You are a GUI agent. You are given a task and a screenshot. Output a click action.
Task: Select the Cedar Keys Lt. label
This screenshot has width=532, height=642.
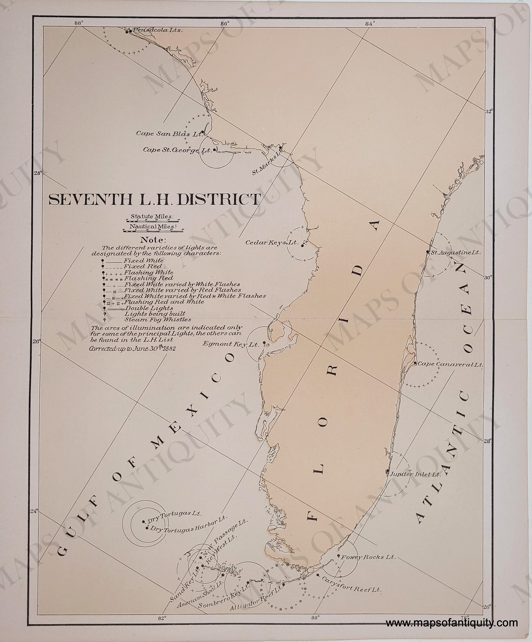tap(272, 242)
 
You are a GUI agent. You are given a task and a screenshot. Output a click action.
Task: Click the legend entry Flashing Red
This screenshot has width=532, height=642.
tap(148, 278)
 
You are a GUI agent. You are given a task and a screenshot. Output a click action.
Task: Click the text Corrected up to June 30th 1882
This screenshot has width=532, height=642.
tap(132, 349)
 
